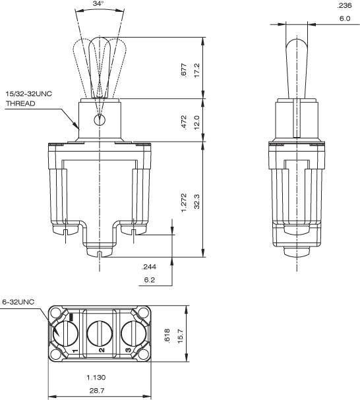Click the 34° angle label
[x=99, y=4]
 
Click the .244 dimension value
[x=149, y=267]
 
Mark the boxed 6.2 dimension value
[x=149, y=280]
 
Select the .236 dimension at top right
[x=344, y=5]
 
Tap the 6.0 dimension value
[x=344, y=18]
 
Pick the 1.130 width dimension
[x=99, y=378]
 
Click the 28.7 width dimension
[x=99, y=391]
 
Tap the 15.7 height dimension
[x=179, y=335]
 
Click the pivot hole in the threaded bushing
[x=99, y=120]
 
